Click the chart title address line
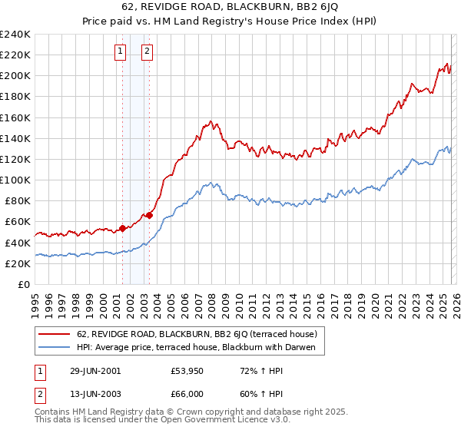pyautogui.click(x=230, y=8)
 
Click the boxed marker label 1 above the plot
pyautogui.click(x=121, y=52)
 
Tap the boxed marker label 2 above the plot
pyautogui.click(x=147, y=52)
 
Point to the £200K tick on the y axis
pyautogui.click(x=15, y=76)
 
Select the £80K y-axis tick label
pyautogui.click(x=17, y=201)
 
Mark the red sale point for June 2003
pyautogui.click(x=149, y=216)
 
